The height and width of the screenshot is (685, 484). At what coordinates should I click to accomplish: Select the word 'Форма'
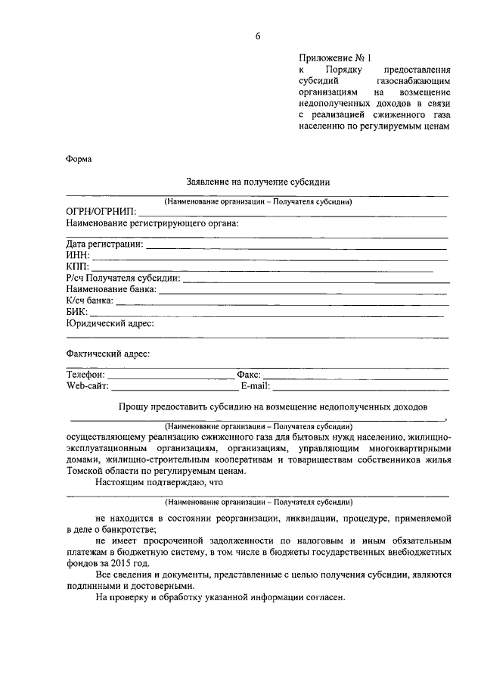click(x=78, y=159)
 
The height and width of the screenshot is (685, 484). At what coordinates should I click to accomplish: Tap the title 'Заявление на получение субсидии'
click(x=257, y=182)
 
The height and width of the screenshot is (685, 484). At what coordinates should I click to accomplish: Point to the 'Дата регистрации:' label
click(x=104, y=244)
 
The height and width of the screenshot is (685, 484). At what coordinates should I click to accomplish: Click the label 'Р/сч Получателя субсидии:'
click(x=123, y=278)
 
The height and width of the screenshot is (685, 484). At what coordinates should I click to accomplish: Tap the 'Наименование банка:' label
click(x=111, y=289)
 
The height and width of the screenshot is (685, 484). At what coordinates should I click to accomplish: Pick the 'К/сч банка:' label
click(x=90, y=300)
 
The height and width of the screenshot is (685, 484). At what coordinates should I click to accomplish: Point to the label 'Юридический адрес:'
click(x=110, y=323)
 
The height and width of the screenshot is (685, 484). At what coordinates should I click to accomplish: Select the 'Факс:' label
click(x=248, y=375)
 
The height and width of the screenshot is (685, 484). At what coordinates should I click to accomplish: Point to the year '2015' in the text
click(x=118, y=564)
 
